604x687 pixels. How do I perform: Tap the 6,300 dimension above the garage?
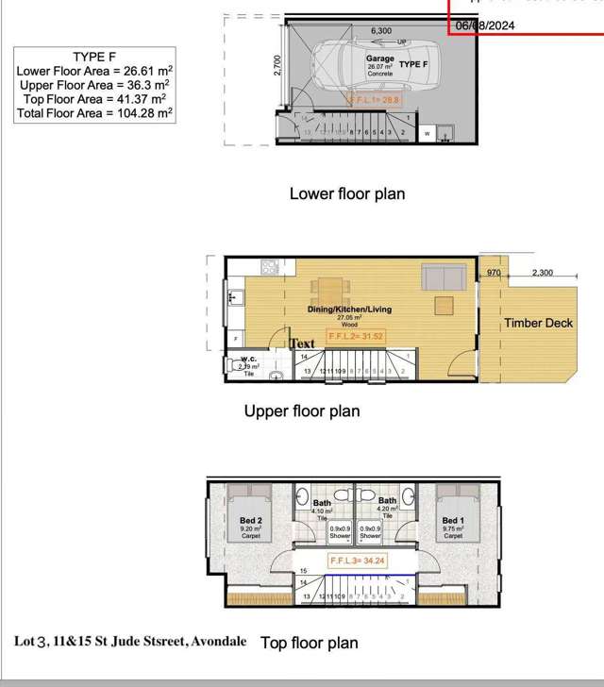(x=381, y=31)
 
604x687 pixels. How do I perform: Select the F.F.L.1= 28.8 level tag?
(x=374, y=99)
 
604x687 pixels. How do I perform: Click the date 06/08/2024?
(x=485, y=25)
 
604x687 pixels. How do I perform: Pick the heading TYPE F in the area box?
(x=93, y=57)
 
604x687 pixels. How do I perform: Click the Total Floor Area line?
(x=93, y=113)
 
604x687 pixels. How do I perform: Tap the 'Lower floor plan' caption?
(x=346, y=193)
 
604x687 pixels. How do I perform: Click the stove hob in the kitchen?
(x=269, y=267)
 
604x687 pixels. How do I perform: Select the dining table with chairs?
(x=332, y=289)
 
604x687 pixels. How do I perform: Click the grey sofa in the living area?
(x=442, y=276)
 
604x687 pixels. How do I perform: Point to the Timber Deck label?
(x=538, y=323)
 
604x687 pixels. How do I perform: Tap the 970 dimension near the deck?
(x=493, y=273)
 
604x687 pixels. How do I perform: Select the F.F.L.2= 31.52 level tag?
(x=355, y=336)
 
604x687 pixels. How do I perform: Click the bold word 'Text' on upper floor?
(x=302, y=343)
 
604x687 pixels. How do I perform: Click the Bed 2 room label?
(x=250, y=520)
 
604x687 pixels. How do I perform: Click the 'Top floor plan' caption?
(x=309, y=643)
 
